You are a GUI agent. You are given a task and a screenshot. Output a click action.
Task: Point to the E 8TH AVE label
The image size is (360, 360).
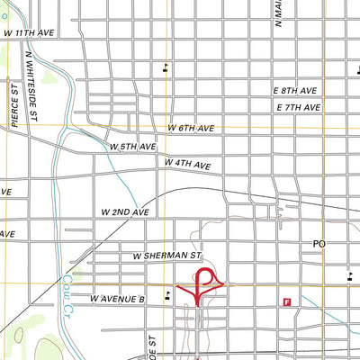297,92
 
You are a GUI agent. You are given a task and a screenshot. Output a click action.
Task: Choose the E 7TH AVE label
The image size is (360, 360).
299,108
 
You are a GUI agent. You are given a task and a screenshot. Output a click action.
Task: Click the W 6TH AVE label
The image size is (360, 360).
191,129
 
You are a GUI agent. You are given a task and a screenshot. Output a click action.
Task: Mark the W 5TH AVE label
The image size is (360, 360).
133,146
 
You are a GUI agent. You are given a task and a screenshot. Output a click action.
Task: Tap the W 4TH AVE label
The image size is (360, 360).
187,165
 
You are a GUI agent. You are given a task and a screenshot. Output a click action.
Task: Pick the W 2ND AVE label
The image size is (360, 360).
124,212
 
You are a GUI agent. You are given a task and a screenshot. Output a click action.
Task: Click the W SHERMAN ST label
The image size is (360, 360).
165,256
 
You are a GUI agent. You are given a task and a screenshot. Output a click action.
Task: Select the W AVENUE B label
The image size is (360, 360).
118,297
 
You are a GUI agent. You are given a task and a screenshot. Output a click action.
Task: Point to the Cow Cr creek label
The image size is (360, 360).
67,292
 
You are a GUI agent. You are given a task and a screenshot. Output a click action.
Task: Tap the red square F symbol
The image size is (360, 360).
287,302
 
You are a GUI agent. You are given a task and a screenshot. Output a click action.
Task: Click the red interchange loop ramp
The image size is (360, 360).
203,281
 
